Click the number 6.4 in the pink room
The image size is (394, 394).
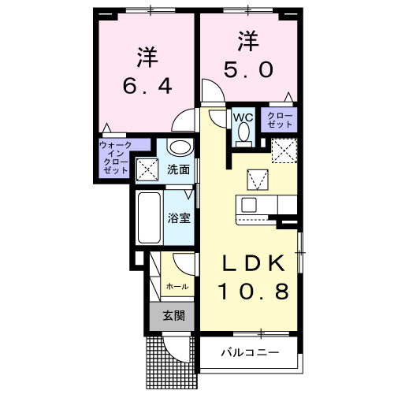[x=145, y=85]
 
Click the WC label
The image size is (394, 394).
[x=243, y=117]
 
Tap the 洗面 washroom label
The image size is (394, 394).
[x=178, y=169]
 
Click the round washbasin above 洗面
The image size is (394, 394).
[x=180, y=147]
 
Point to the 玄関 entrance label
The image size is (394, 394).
[x=173, y=317]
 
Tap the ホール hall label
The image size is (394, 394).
[x=177, y=287]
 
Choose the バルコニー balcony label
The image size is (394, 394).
[x=248, y=351]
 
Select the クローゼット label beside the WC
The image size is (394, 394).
[x=281, y=120]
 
